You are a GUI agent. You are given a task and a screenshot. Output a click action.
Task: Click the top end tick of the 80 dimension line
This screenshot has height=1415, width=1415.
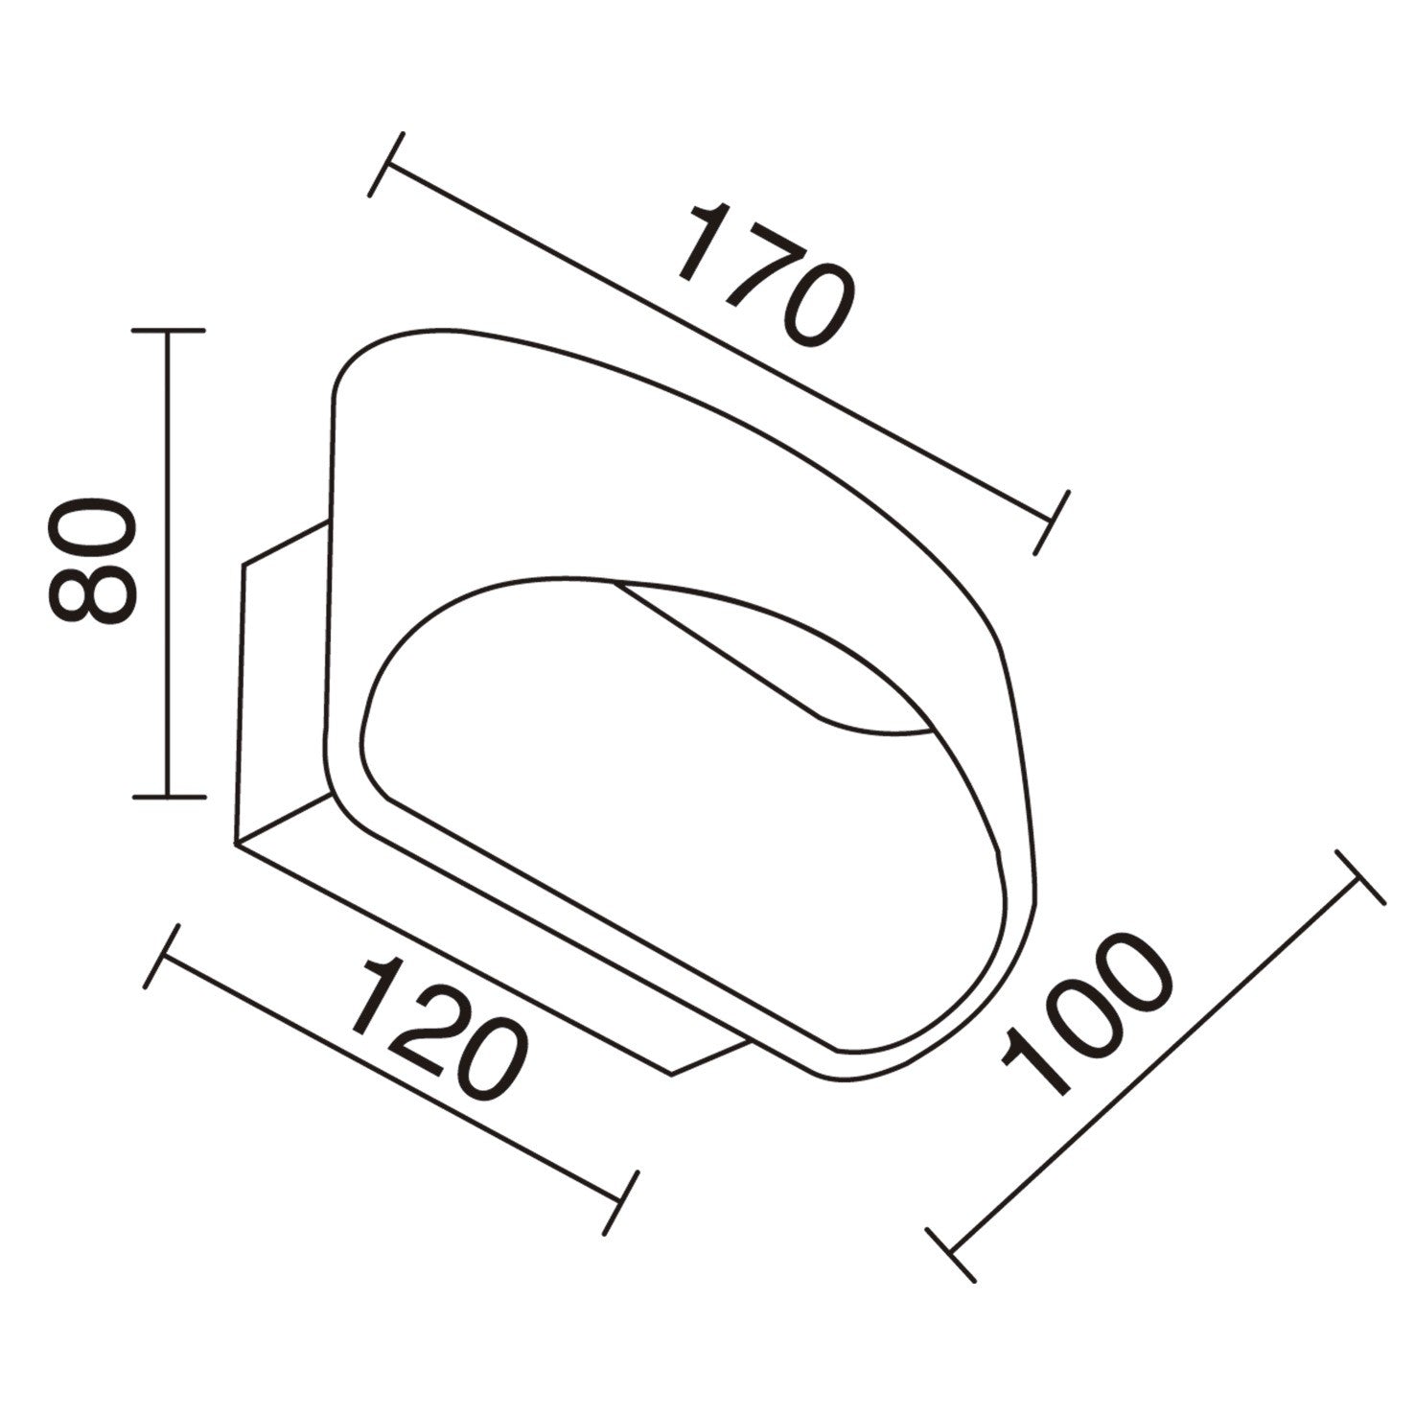tap(169, 330)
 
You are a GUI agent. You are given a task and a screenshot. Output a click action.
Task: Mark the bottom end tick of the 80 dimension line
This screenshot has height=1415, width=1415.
tap(169, 796)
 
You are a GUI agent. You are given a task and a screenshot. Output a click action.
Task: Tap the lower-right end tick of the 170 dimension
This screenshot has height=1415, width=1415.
tap(1052, 522)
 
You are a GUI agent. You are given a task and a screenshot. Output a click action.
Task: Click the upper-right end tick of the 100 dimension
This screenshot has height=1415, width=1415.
tap(1357, 877)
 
